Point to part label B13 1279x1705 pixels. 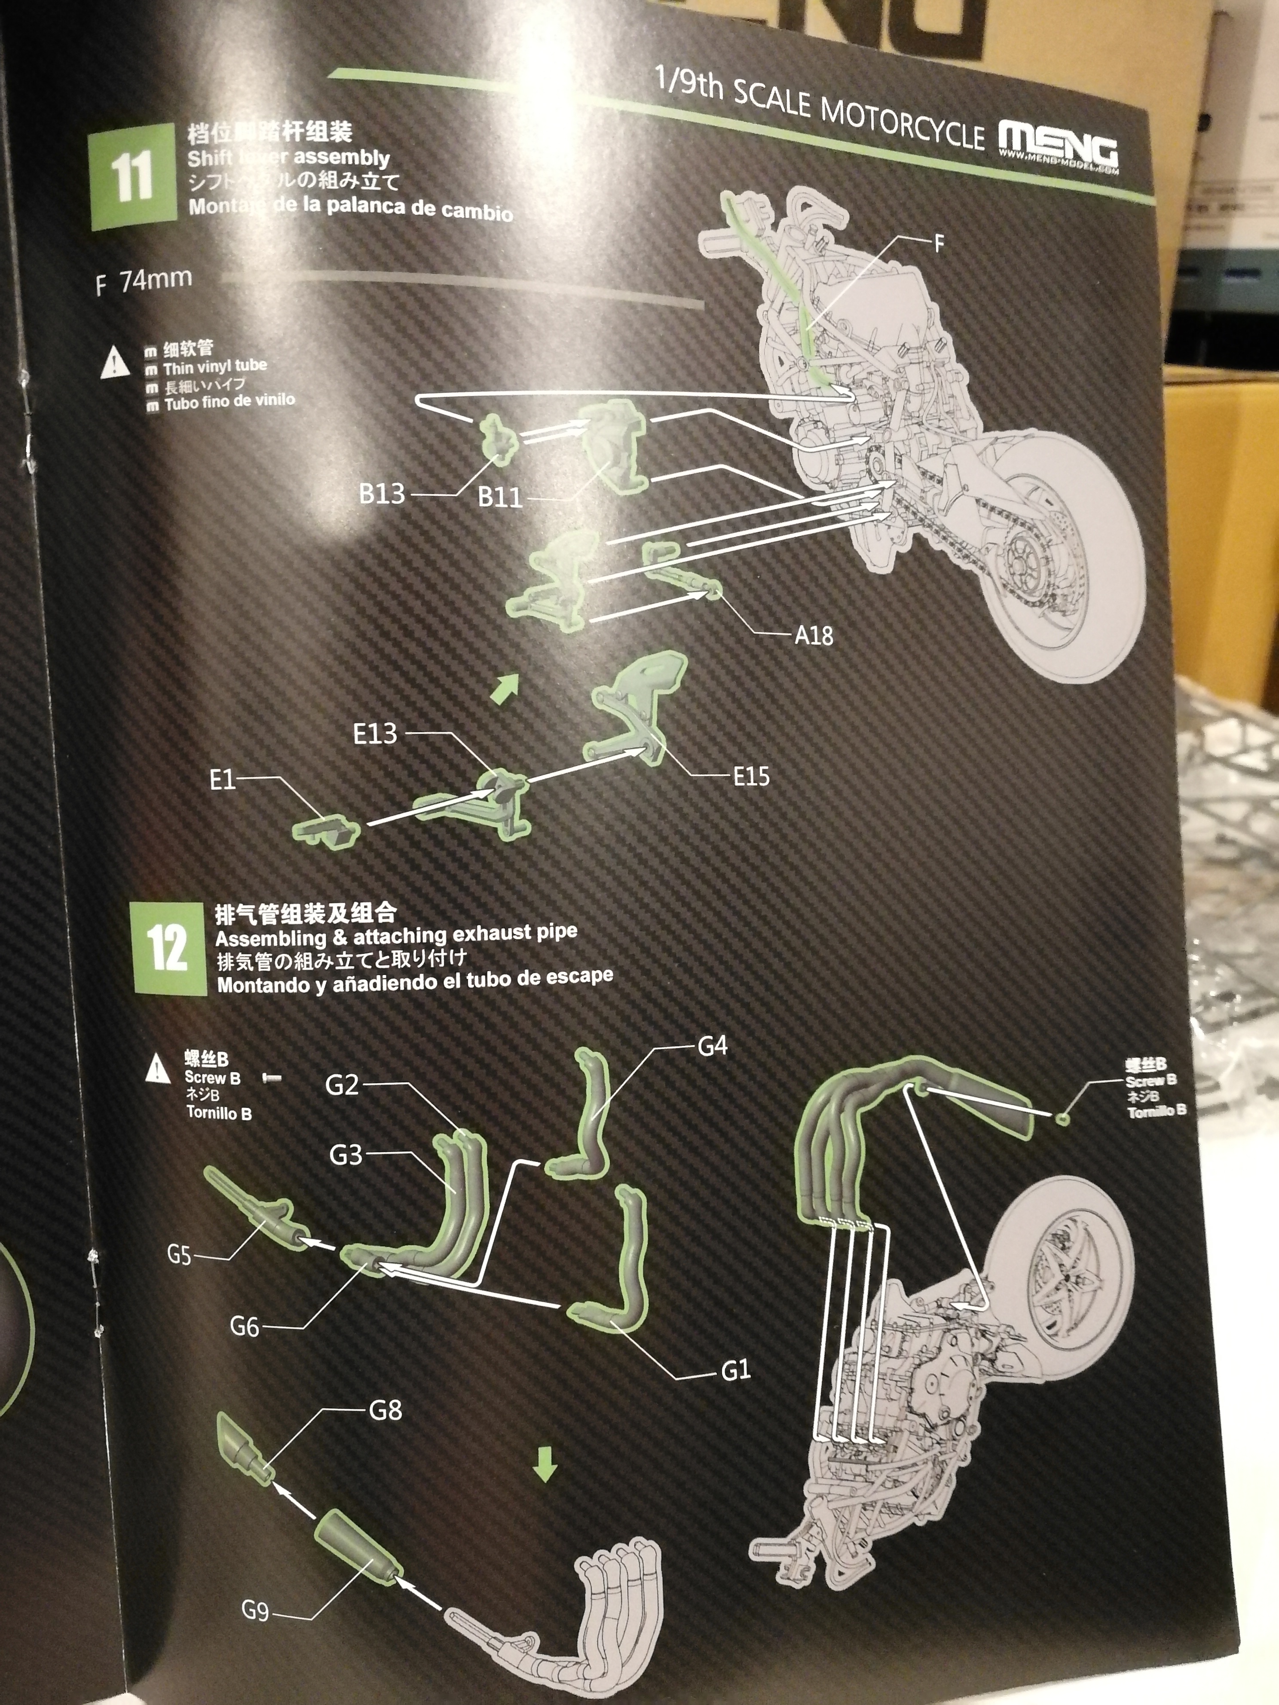[x=382, y=493]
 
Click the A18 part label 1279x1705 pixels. [x=814, y=636]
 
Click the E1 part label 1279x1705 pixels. [x=222, y=780]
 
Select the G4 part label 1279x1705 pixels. [x=713, y=1046]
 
